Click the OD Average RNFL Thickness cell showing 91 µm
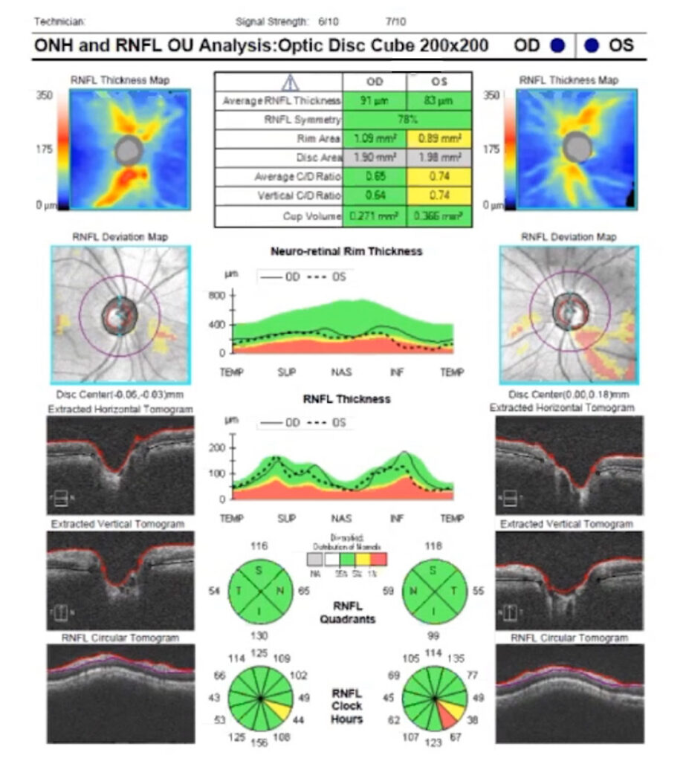[x=375, y=100]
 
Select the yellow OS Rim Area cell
[x=439, y=138]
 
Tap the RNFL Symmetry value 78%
[x=407, y=119]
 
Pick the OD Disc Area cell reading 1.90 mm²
[x=375, y=158]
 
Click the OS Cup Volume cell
[x=439, y=216]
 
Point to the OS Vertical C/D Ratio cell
[x=439, y=196]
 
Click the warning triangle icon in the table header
[x=289, y=82]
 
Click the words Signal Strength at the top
[x=271, y=22]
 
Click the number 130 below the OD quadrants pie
[x=259, y=637]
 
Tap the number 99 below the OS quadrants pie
[x=433, y=637]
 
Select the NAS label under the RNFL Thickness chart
[x=341, y=517]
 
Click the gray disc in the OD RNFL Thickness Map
[x=129, y=150]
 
